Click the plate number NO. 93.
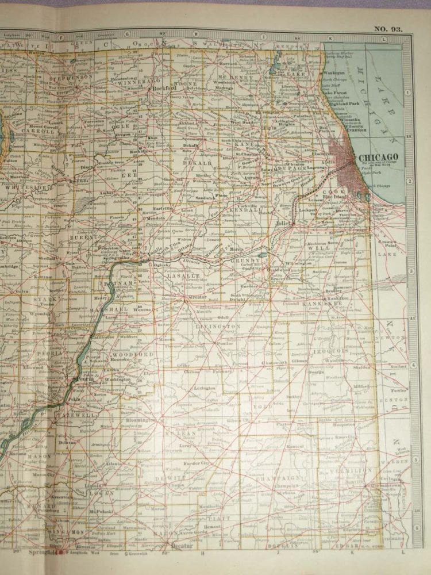tap(388, 28)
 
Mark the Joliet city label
tap(283, 223)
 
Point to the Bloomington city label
tap(140, 420)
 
